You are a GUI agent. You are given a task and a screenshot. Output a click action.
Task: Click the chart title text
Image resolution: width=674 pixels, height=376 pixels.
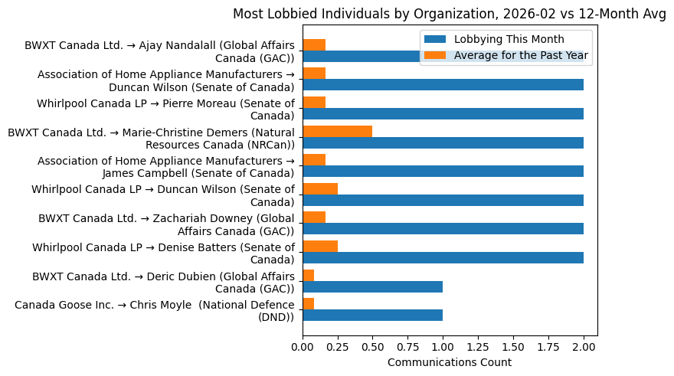pos(449,14)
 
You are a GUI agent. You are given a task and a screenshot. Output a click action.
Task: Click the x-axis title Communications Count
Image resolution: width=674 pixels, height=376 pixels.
pos(450,362)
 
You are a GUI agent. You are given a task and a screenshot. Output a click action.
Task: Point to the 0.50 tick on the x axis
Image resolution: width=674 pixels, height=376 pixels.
pos(373,346)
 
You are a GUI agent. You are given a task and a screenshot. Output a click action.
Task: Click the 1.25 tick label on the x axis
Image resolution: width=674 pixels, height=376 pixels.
pos(478,346)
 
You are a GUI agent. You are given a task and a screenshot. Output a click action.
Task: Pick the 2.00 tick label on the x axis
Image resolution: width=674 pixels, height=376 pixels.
pos(584,346)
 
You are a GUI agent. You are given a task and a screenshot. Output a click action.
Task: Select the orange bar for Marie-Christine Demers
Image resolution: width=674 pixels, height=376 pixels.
pos(338,131)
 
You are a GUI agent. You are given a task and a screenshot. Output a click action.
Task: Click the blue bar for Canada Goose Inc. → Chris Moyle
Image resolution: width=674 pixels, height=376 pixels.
pos(373,315)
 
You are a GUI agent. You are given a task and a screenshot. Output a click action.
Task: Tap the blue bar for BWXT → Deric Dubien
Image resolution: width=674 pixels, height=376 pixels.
pos(373,286)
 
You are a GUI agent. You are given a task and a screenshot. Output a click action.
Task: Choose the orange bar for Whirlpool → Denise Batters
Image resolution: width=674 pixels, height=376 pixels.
pos(320,246)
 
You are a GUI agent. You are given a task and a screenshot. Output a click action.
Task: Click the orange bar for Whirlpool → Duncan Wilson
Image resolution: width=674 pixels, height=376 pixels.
pos(320,188)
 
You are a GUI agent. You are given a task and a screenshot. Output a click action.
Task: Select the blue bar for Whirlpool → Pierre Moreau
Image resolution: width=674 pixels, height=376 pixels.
pos(443,114)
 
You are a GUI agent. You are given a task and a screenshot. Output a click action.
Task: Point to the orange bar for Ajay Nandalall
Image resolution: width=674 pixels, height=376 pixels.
pos(314,44)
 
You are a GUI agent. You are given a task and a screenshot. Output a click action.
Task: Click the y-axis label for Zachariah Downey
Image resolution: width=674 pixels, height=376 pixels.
pos(166,224)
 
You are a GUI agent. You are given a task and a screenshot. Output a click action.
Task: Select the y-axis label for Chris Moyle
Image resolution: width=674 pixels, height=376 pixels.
pos(155,311)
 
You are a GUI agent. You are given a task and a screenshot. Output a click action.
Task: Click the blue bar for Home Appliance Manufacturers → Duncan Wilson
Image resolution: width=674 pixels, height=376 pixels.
pos(443,85)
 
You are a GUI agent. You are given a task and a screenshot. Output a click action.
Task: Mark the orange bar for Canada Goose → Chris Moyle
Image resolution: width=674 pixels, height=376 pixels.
pos(309,303)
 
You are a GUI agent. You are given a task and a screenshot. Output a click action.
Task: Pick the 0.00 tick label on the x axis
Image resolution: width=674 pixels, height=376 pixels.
pos(303,346)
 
